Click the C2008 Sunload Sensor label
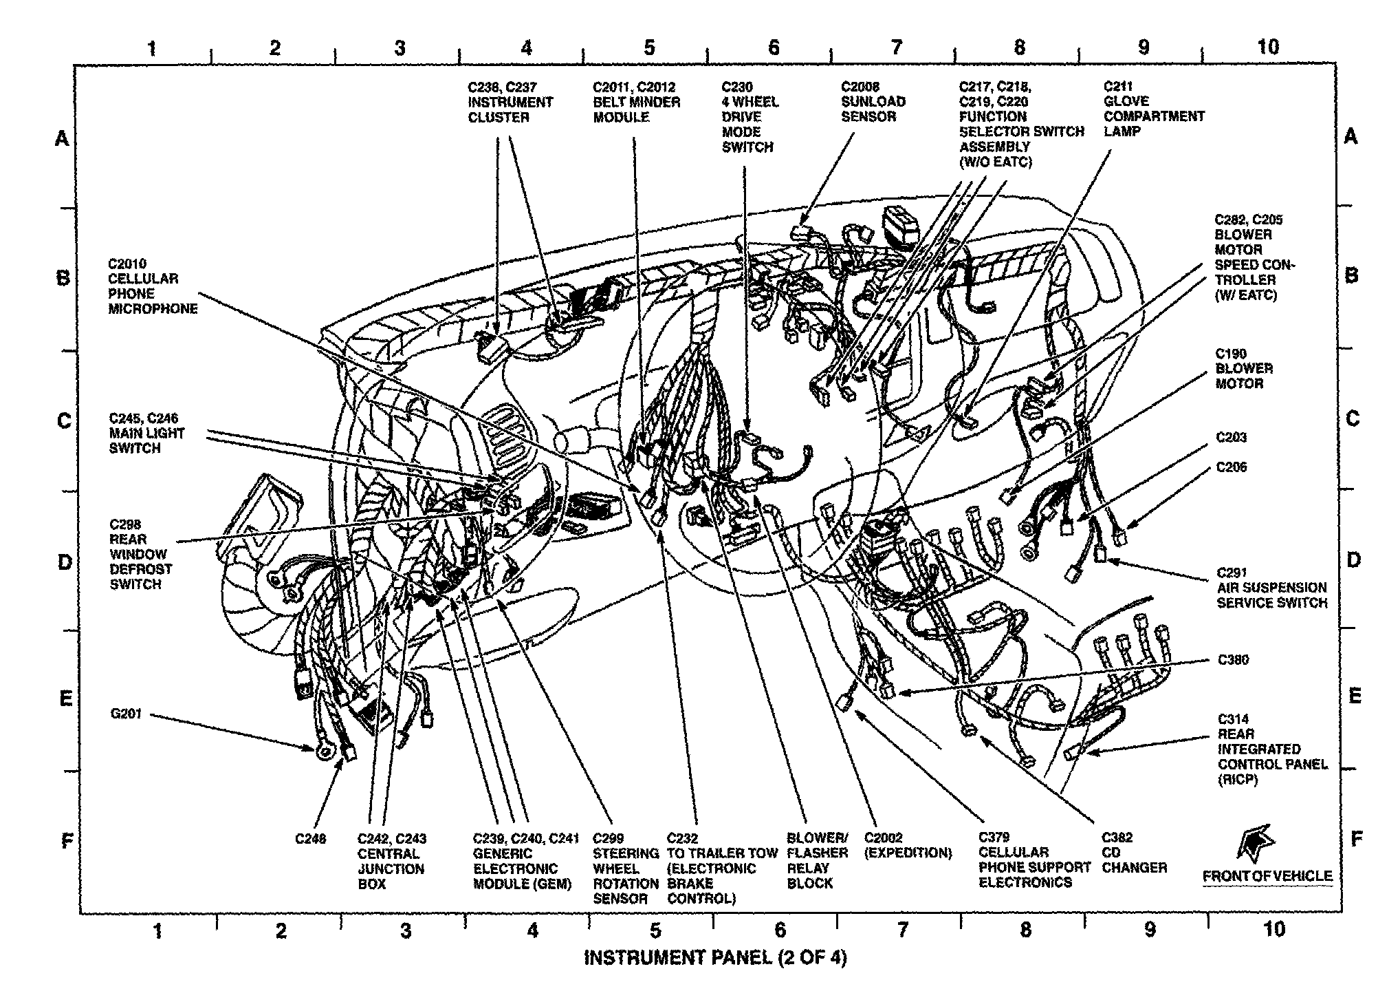pos(873,102)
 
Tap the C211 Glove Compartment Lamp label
pos(1153,109)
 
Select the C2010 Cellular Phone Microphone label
pos(152,286)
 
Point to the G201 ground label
pos(126,714)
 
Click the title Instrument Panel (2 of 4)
pos(714,958)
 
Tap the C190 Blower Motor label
pos(1243,369)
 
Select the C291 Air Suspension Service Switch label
pos(1271,588)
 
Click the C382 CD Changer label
pos(1134,853)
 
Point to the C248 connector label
pos(310,839)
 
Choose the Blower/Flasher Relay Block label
pos(817,860)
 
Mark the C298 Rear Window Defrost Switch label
pos(140,554)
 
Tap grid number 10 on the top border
pos(1267,47)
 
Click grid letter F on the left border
pos(67,841)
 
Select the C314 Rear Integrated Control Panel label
pos(1271,749)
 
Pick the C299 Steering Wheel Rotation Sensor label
pos(625,869)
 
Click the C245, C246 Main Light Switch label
pos(146,434)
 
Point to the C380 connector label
pos(1233,660)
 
